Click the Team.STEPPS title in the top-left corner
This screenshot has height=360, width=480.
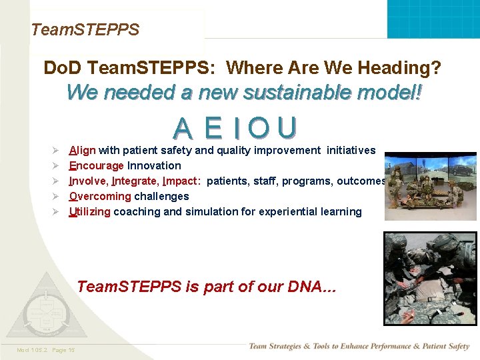click(85, 29)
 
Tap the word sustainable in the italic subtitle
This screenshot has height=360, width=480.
click(253, 92)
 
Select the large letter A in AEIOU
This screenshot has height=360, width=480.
click(185, 128)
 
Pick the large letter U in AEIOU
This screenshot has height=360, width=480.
click(287, 128)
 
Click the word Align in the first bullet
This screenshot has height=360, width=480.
click(83, 151)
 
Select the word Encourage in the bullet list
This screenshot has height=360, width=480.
click(97, 166)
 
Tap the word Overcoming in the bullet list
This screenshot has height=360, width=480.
click(100, 197)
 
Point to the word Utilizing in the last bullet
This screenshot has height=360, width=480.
click(89, 212)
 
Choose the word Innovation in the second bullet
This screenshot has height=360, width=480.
click(154, 166)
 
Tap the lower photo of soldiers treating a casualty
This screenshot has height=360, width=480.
click(430, 278)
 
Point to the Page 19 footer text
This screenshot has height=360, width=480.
click(63, 350)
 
